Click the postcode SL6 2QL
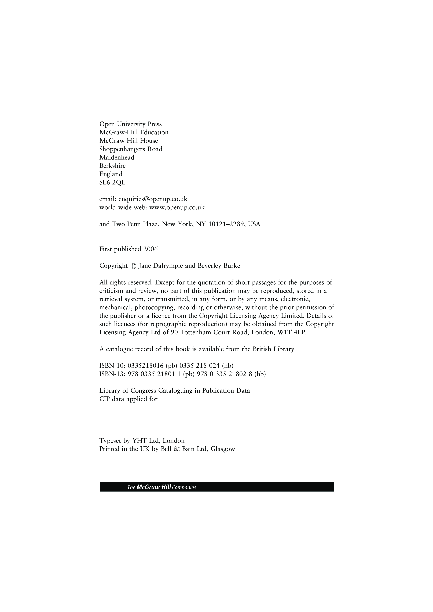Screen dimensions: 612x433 (x=112, y=183)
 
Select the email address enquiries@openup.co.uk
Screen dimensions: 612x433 (x=153, y=199)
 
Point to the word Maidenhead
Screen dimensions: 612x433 (x=117, y=158)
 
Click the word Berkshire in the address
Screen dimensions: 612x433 (x=112, y=166)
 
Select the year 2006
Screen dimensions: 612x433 (x=150, y=249)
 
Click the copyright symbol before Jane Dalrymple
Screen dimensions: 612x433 (x=133, y=266)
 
